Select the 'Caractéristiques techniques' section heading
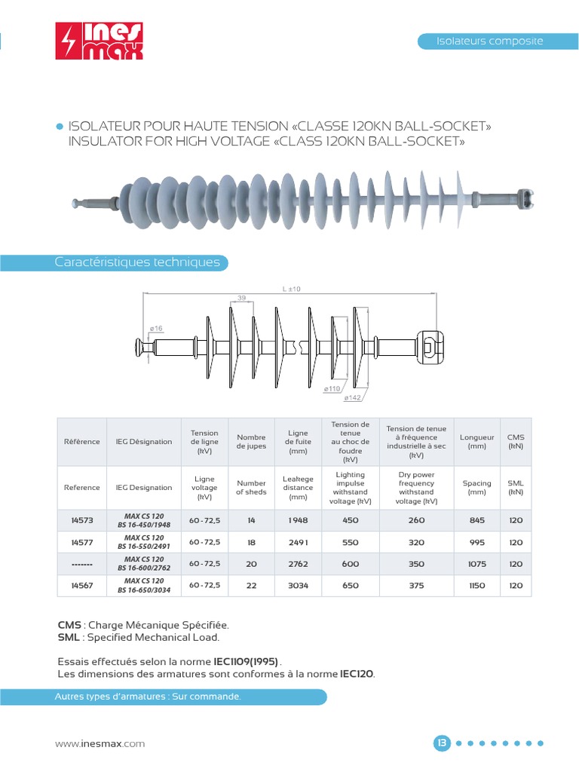tap(137, 262)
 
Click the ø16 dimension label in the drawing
tap(156, 328)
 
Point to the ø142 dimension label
tap(352, 397)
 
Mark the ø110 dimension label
tap(332, 388)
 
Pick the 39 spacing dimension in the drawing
tap(241, 299)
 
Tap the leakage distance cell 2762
tap(298, 564)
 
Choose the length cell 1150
tap(476, 585)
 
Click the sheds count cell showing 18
tap(251, 542)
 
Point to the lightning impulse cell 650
tap(350, 585)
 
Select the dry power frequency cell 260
tap(416, 520)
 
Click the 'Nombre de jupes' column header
tap(251, 441)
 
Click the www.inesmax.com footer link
tap(100, 743)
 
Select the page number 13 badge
tap(442, 743)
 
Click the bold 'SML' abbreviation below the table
tap(69, 638)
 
